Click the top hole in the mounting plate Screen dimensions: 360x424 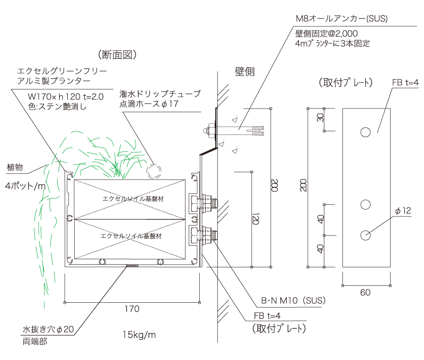[366, 132]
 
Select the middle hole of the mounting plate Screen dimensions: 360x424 [366, 204]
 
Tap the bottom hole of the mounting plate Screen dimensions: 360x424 [366, 235]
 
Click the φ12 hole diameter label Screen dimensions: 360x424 [403, 211]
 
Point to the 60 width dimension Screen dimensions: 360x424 [366, 292]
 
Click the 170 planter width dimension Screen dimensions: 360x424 [132, 309]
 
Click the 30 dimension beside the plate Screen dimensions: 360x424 [320, 118]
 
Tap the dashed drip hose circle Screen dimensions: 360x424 [154, 170]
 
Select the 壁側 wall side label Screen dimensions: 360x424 [245, 72]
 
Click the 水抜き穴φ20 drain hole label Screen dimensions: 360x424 [48, 329]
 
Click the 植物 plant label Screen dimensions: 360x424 [15, 167]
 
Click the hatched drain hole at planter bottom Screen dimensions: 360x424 [132, 265]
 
